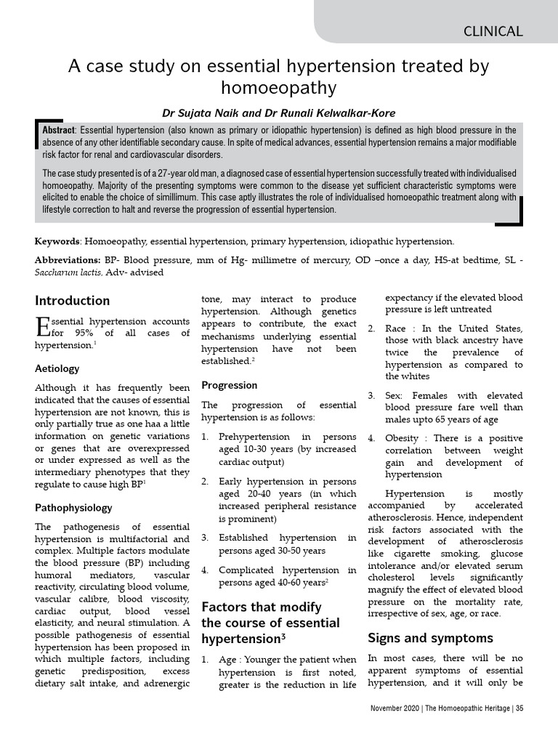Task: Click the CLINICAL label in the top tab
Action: click(x=493, y=31)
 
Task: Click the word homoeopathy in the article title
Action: click(x=279, y=88)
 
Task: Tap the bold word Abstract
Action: click(x=59, y=130)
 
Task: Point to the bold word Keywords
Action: click(x=57, y=241)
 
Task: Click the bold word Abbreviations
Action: click(x=68, y=260)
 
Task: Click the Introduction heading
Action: click(x=73, y=301)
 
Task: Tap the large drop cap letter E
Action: click(x=42, y=328)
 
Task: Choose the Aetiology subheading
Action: click(x=57, y=368)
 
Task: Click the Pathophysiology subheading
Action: click(x=76, y=507)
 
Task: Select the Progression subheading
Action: click(x=229, y=385)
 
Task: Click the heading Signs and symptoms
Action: click(x=420, y=638)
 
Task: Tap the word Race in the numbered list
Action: click(x=396, y=328)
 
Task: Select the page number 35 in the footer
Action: click(x=519, y=708)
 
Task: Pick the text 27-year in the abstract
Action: click(x=178, y=174)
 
